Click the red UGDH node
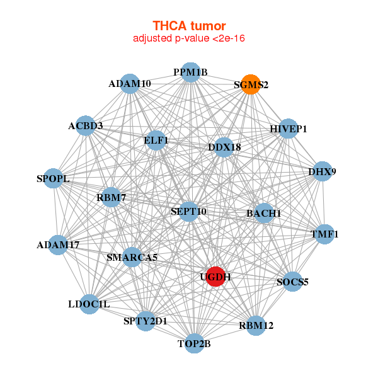215,277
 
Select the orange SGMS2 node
250,85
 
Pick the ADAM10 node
130,84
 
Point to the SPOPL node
54,179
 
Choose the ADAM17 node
58,244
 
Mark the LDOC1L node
89,304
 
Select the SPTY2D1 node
146,321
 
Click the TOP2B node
194,343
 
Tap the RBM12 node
255,325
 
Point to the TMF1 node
324,234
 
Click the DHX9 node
322,171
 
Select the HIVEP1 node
288,129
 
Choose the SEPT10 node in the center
188,211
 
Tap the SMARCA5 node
132,257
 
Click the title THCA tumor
189,26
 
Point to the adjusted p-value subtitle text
189,38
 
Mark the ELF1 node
156,140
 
